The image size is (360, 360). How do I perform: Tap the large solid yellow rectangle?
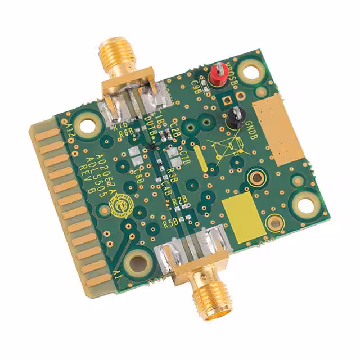[242, 217]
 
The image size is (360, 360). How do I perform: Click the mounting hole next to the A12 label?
[88, 124]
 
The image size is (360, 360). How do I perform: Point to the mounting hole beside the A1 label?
[137, 262]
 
